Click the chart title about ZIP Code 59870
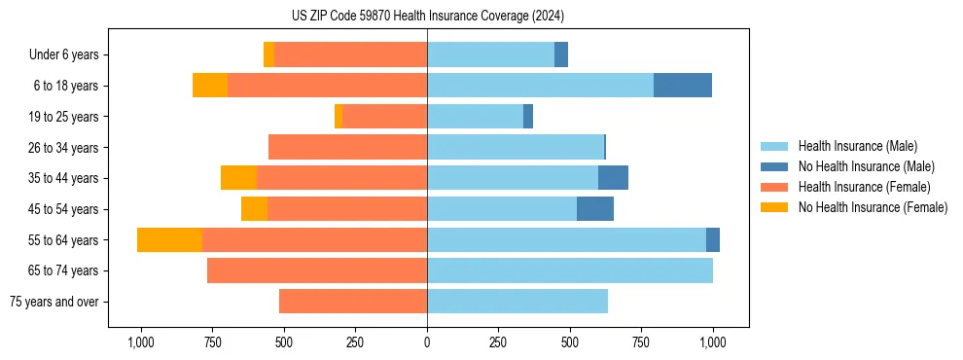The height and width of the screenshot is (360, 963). point(427,17)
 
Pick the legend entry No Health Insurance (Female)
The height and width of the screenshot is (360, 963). point(873,207)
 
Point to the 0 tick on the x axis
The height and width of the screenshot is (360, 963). point(427,342)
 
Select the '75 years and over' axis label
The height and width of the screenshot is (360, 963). point(53,302)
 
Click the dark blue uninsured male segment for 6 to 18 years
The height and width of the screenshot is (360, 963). point(683,86)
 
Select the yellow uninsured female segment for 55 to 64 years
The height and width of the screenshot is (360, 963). point(169,239)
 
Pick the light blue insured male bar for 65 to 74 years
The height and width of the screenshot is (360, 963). point(570,270)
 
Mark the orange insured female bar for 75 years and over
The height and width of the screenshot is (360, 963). point(353,302)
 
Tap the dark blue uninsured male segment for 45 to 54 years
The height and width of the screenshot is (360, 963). point(595,209)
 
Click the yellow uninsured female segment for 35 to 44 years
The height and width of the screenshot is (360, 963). point(238,178)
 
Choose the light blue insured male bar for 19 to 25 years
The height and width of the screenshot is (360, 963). point(475,117)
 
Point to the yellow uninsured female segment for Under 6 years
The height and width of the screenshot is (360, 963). point(268,54)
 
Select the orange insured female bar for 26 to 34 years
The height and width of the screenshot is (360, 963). point(347,147)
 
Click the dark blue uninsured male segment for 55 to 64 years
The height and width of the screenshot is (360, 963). point(713,239)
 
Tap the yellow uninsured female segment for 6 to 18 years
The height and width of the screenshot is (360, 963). point(210,86)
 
